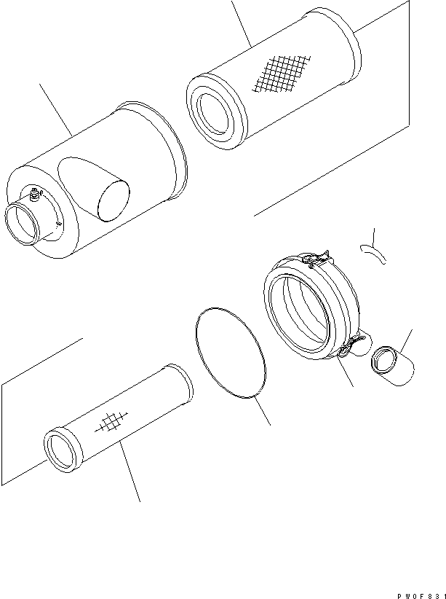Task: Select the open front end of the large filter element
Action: coord(214,113)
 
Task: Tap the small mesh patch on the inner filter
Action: coord(111,423)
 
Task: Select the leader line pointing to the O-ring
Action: coord(263,412)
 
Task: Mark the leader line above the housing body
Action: coord(55,109)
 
